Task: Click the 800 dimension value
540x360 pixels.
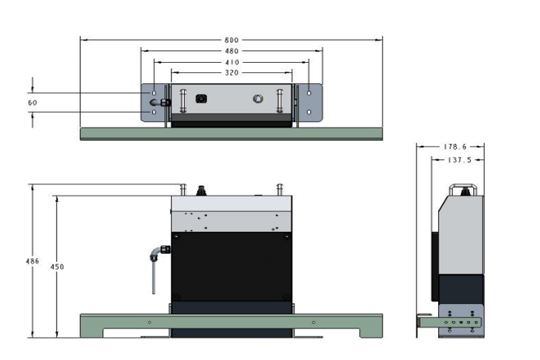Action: pos(232,40)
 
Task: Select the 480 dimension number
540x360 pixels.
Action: pos(232,51)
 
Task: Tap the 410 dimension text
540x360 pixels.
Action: pos(232,61)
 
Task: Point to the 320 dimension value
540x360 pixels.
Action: pos(232,72)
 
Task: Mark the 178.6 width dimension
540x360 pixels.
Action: pos(451,146)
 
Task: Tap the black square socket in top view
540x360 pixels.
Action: pos(200,99)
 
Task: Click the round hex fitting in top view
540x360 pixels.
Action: pos(257,99)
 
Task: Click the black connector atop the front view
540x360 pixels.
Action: pos(200,190)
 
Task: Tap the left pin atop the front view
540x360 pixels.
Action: pos(182,188)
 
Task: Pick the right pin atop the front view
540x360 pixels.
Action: pos(278,188)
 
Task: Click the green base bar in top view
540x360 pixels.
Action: pos(232,134)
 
